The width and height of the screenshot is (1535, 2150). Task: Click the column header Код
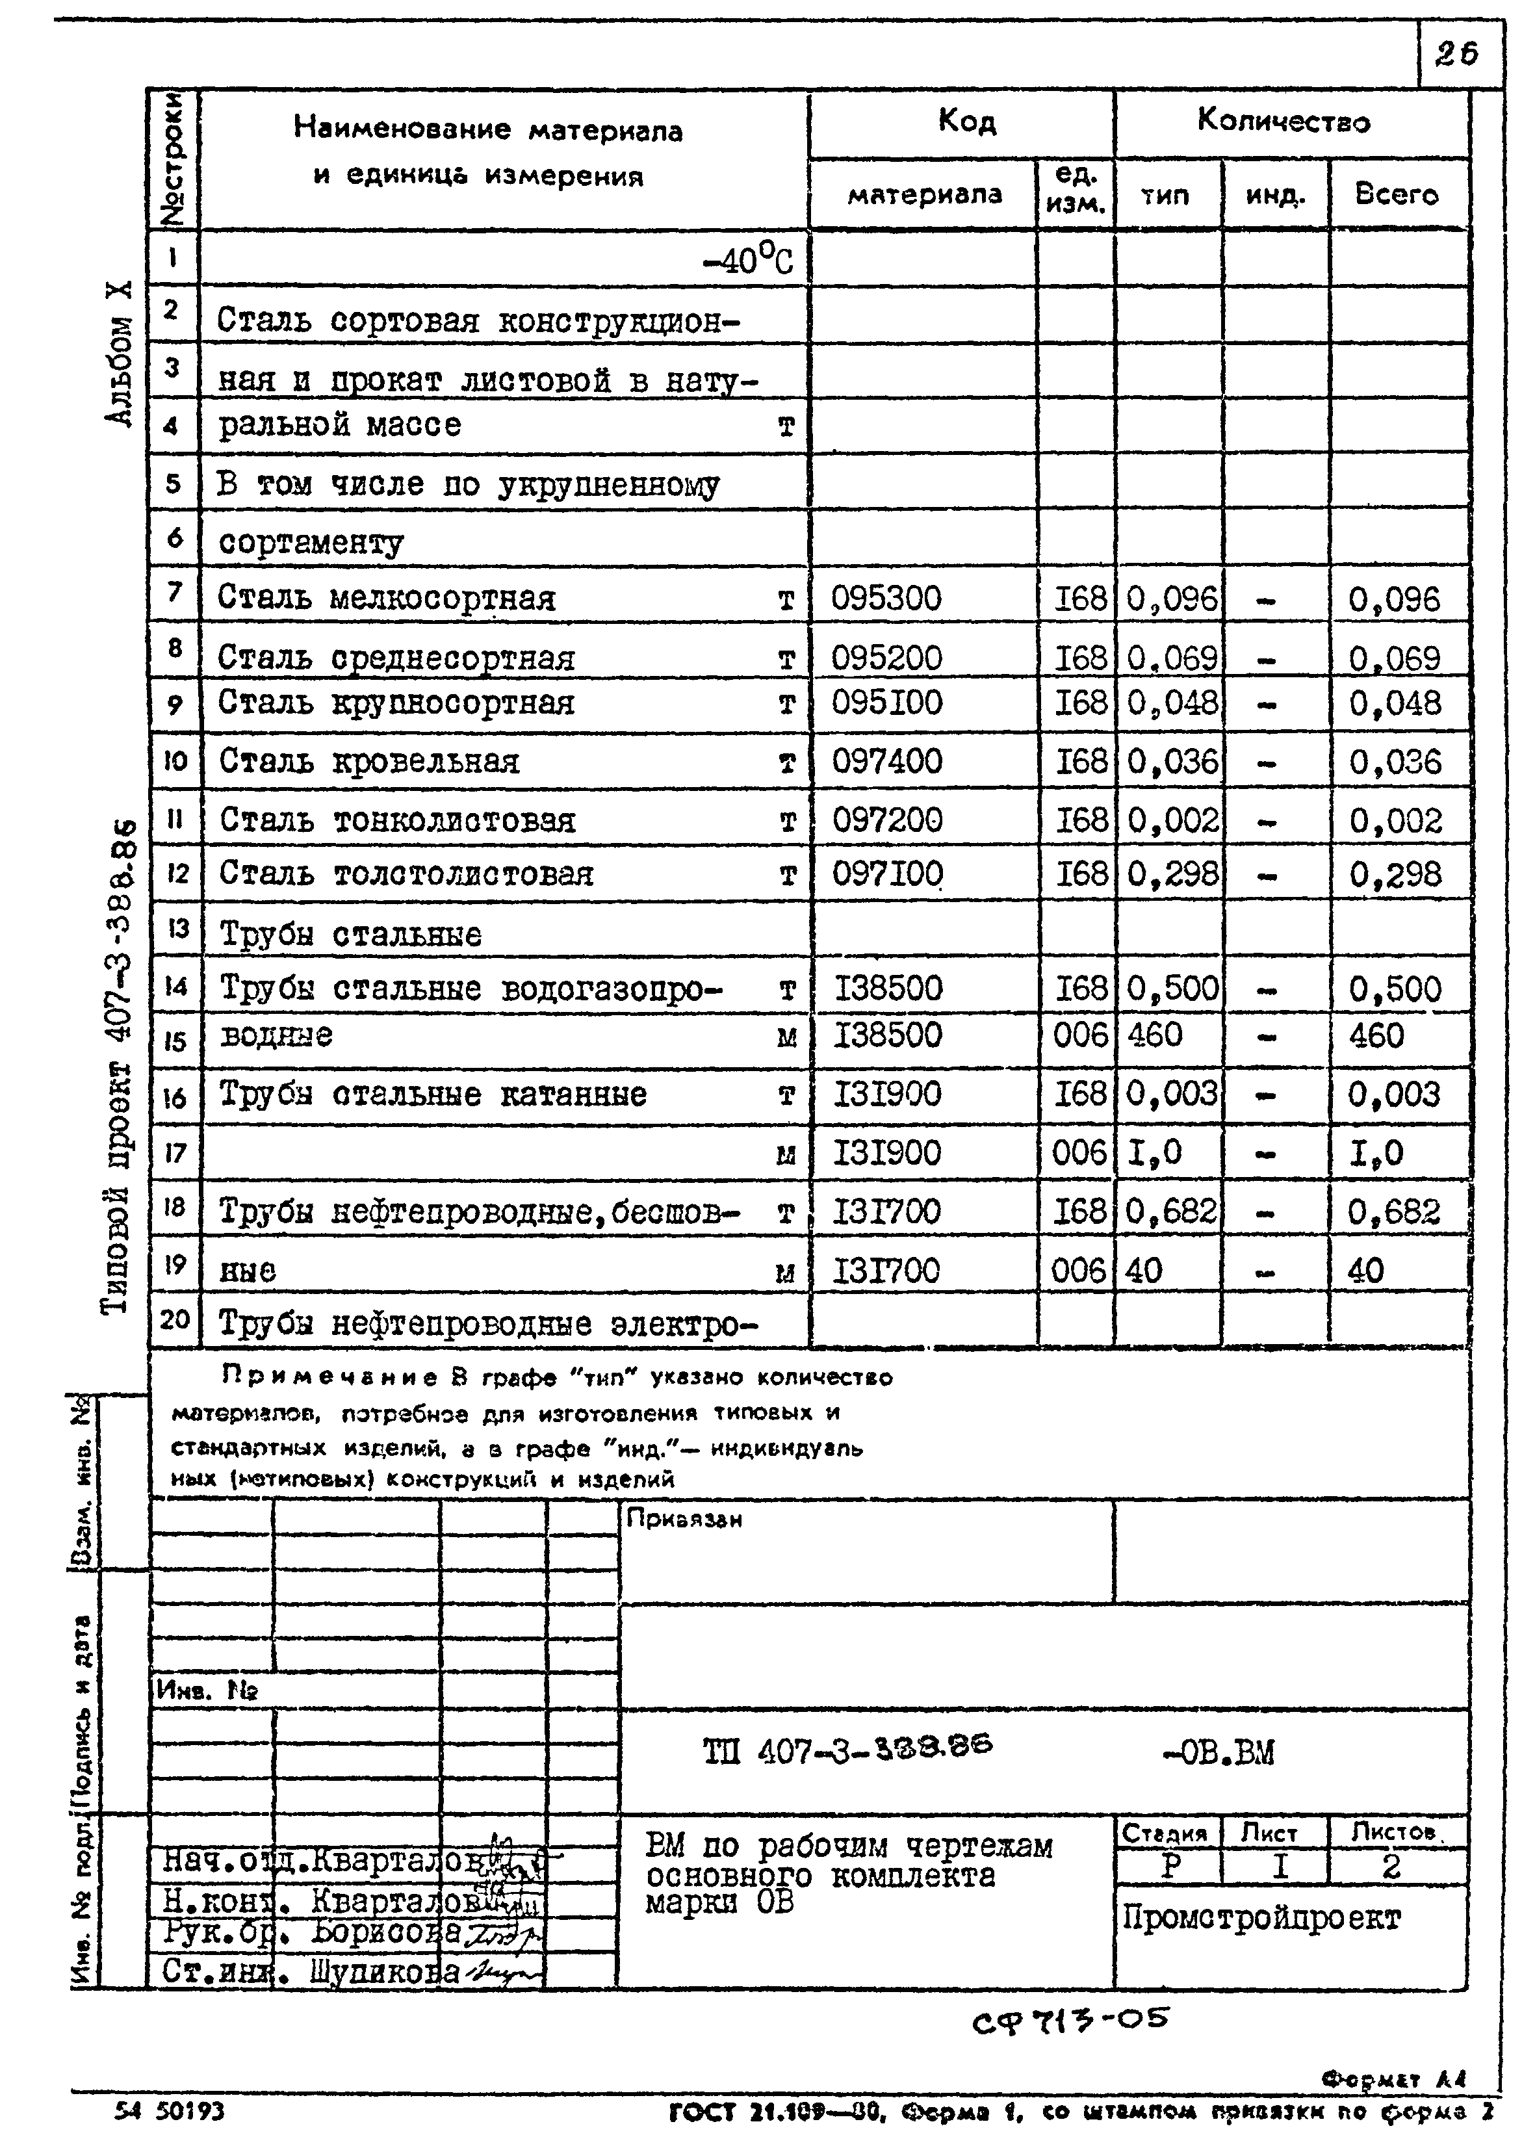pos(966,121)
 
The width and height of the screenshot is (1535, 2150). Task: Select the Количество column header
pos(1283,120)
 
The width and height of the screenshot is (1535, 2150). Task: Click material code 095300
pos(886,598)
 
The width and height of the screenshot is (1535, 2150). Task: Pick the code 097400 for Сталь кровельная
pos(886,761)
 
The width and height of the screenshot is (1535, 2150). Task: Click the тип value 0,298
pos(1172,874)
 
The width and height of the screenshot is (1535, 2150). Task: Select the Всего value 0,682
pos(1393,1211)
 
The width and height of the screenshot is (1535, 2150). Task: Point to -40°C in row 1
pos(747,261)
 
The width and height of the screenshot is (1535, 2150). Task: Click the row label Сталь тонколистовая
pos(397,820)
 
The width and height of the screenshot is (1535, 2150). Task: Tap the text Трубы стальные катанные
pos(433,1094)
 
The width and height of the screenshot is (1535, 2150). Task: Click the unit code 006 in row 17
pos(1079,1153)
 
